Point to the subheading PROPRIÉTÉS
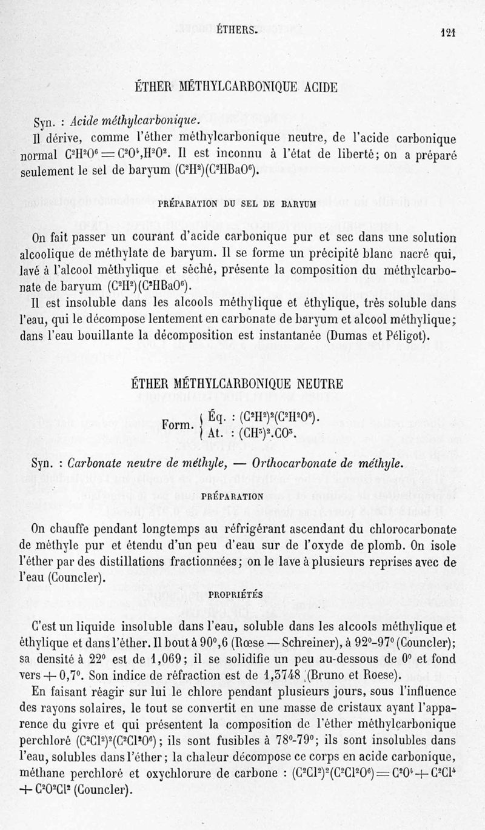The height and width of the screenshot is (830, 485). point(236,595)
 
